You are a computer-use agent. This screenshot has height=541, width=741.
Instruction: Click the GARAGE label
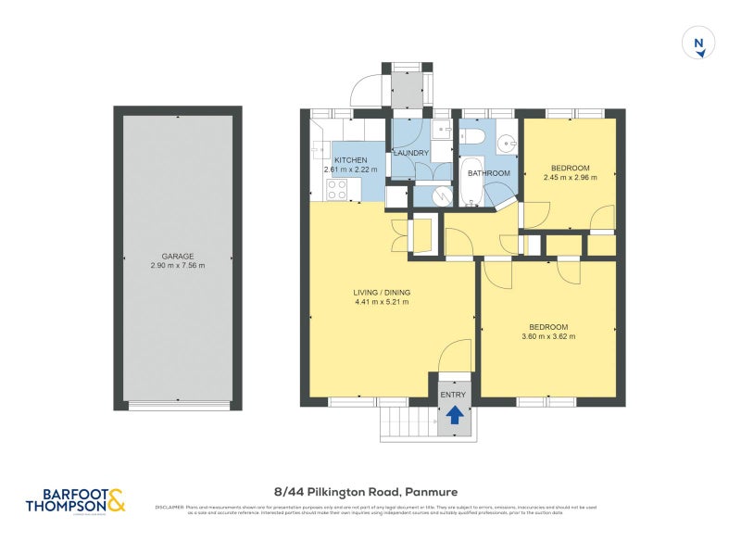[x=177, y=257]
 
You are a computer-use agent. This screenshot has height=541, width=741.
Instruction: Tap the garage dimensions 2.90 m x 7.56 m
[x=177, y=266]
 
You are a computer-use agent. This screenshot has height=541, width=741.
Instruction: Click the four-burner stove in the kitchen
[x=336, y=189]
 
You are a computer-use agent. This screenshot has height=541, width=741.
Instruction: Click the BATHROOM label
[x=488, y=173]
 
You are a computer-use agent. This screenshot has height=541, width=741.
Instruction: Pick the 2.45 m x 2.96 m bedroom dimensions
[x=566, y=177]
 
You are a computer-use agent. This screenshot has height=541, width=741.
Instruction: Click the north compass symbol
[x=700, y=44]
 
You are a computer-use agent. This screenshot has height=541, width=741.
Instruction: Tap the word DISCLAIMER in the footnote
[x=170, y=507]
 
